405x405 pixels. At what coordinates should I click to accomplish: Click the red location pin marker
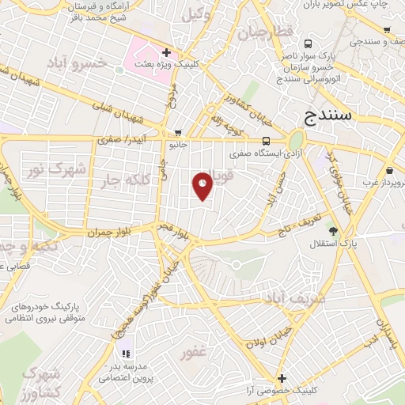(203, 185)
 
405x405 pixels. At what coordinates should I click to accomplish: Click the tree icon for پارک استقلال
(333, 231)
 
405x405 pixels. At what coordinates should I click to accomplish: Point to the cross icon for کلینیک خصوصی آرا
(281, 378)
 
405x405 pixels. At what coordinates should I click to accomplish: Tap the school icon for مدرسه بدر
(124, 354)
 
